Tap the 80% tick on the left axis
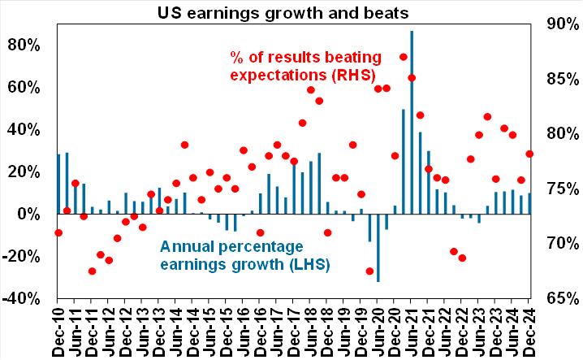pos(25,45)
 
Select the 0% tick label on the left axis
pos(30,214)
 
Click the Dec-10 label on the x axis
pos(58,329)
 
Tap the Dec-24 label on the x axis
pos(529,329)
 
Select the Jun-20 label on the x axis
pos(378,329)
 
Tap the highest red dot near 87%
pos(404,57)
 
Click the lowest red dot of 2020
pos(369,271)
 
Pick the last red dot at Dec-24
pos(529,154)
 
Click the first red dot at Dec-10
pos(58,232)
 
